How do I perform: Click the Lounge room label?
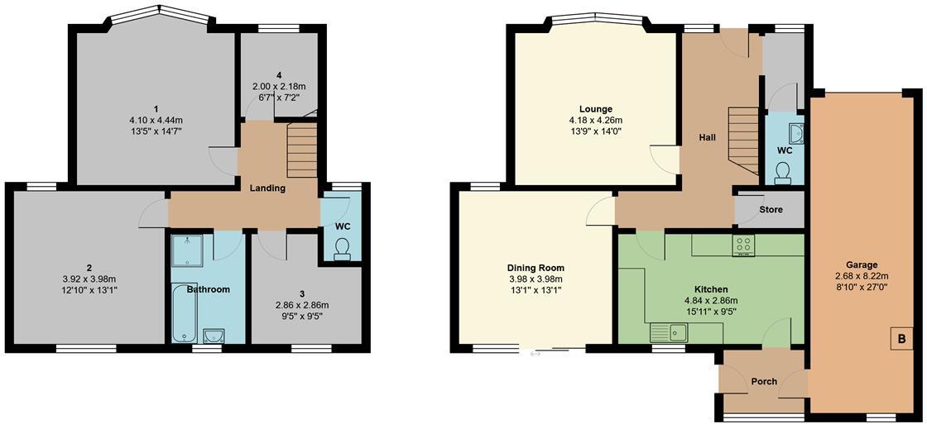pos(595,109)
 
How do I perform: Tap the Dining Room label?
pos(536,268)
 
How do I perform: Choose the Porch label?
pos(763,381)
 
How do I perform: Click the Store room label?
pos(771,210)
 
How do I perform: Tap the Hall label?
pos(706,138)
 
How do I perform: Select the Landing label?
pos(267,188)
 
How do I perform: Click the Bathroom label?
pos(208,290)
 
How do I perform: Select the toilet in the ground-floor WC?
pos(783,171)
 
